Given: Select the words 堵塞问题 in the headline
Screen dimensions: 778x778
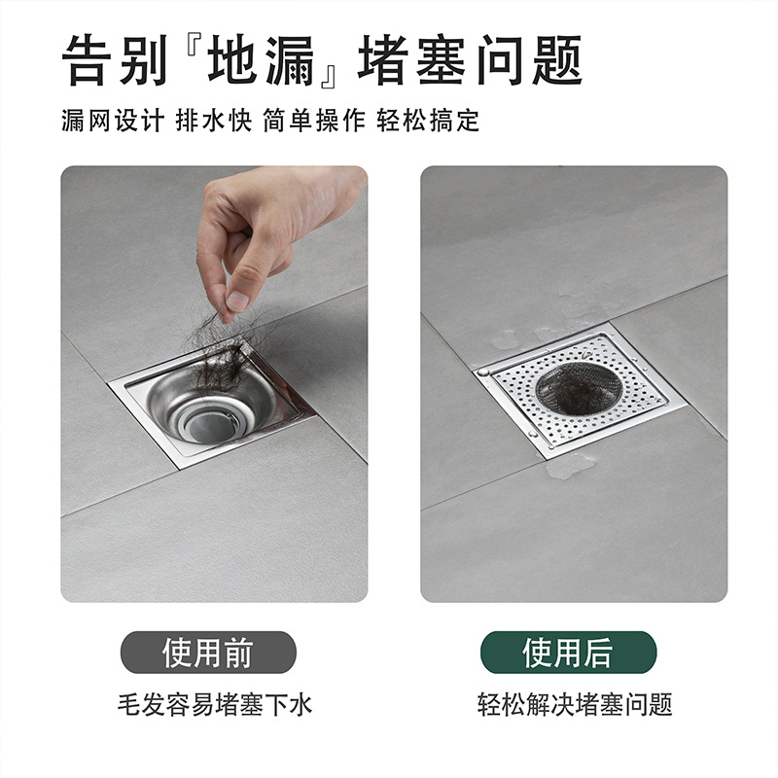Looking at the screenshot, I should (x=471, y=60).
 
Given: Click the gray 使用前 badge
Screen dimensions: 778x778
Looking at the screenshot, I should (x=207, y=653).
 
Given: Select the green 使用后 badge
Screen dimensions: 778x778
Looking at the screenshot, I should (x=569, y=653).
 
